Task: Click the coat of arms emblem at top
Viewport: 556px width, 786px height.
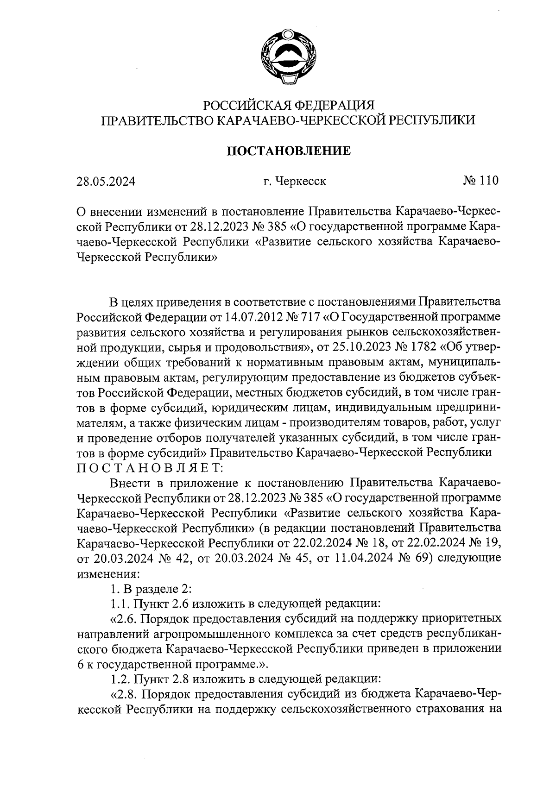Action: point(288,57)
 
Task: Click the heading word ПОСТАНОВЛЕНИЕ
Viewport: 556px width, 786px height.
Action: point(288,151)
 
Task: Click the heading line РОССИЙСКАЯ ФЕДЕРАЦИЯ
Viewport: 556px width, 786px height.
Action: point(289,105)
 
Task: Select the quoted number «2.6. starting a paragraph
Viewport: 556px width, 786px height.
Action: point(124,619)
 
